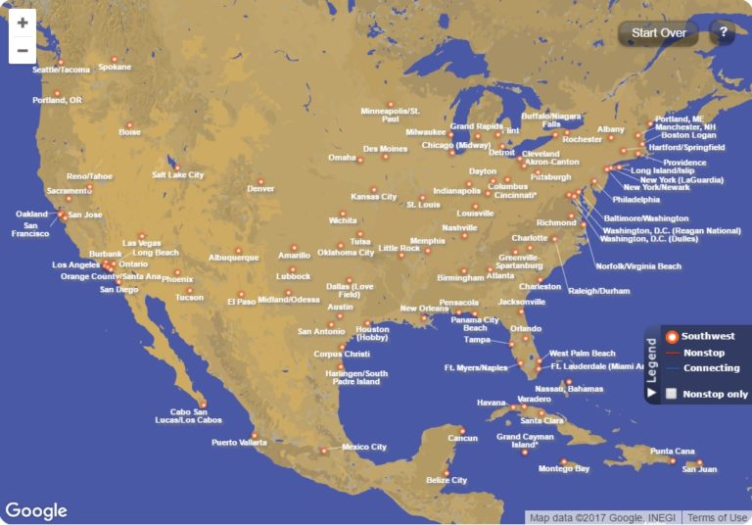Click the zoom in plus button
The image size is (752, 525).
(x=23, y=24)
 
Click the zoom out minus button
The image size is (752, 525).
(x=23, y=50)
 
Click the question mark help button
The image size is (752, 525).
(x=723, y=32)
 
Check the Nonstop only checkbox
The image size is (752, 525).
(x=671, y=394)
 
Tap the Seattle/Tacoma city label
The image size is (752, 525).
(x=61, y=71)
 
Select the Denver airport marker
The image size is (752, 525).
(x=260, y=181)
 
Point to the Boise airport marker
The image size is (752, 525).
(x=129, y=125)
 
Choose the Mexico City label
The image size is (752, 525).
(x=363, y=448)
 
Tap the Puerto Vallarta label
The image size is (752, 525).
(x=239, y=443)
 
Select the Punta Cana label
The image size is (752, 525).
(x=672, y=452)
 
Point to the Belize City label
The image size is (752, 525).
(x=446, y=481)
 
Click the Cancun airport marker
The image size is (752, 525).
(x=462, y=430)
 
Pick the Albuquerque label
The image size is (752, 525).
(x=233, y=259)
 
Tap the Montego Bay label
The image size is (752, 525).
(x=564, y=469)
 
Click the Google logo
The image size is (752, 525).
(x=36, y=511)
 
